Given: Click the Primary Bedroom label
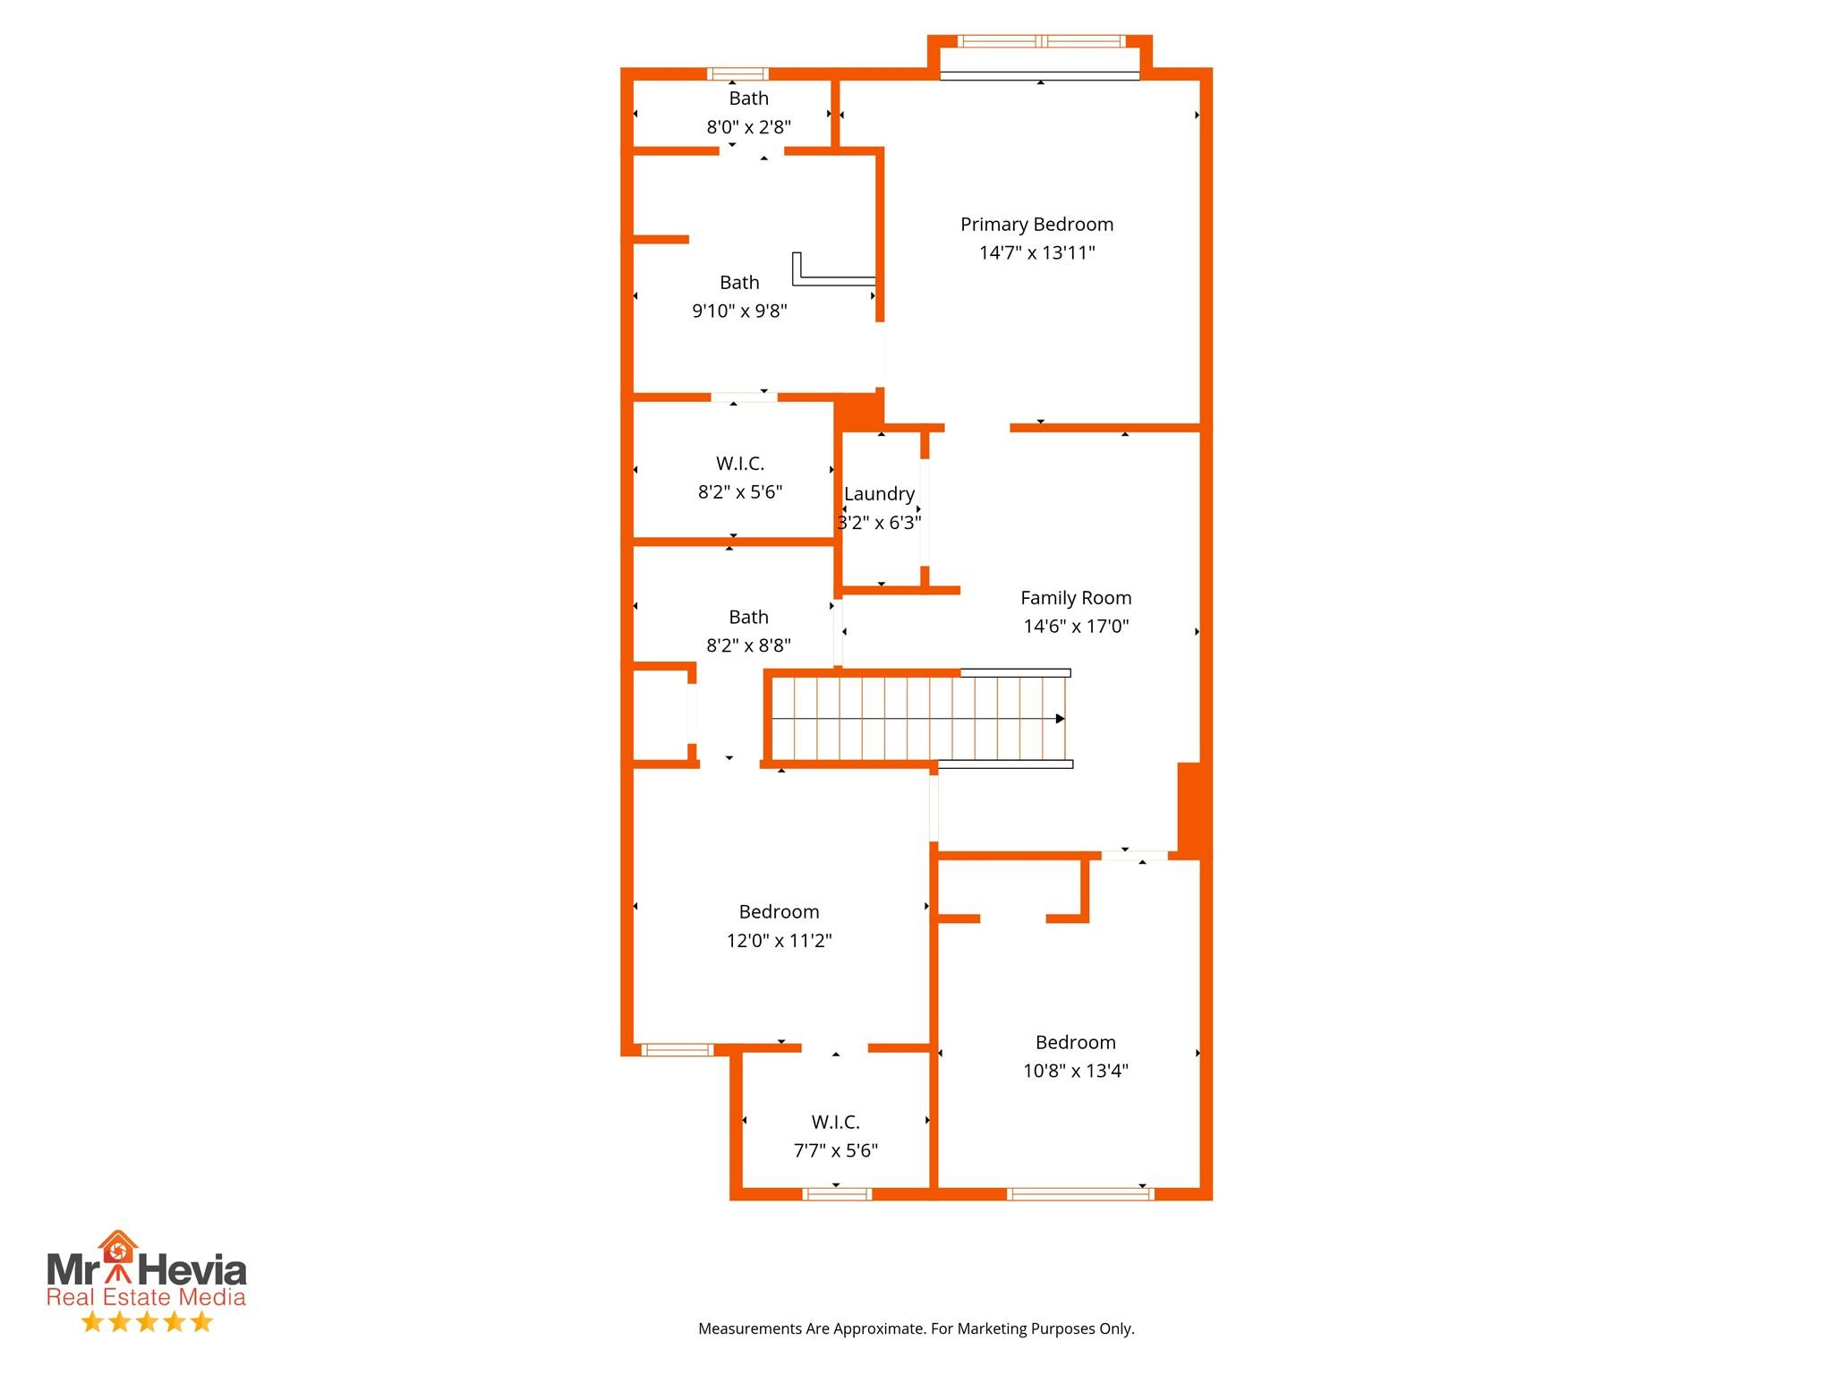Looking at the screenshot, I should pos(1036,225).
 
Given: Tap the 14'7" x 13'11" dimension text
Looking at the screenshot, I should pos(1036,253).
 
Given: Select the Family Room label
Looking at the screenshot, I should pos(1076,598).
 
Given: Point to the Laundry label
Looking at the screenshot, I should pos(879,494).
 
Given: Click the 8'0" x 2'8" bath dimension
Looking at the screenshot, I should pos(748,127).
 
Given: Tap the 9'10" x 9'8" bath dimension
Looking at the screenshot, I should pos(739,312).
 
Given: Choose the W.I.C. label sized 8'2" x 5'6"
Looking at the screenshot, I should pos(739,464).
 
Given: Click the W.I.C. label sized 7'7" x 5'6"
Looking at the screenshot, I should pos(835,1123).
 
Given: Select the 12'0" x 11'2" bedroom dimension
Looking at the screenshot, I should pos(779,941).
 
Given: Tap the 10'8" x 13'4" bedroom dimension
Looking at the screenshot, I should pos(1076,1072).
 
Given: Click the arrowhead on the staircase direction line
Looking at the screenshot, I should pos(1061,719).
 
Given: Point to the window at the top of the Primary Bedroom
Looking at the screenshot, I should pos(1040,41).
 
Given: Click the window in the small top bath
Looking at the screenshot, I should pos(737,74).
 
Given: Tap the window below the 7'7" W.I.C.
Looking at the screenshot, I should pos(837,1194).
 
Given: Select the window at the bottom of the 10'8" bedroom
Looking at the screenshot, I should pos(1080,1194).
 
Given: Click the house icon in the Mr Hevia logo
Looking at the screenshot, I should pos(117,1246).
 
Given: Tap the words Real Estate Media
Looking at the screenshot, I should pos(146,1297).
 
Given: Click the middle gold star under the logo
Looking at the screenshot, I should pos(147,1322).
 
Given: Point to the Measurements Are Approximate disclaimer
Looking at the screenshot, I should pos(916,1328).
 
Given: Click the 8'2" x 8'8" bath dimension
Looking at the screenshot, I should pos(748,646).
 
